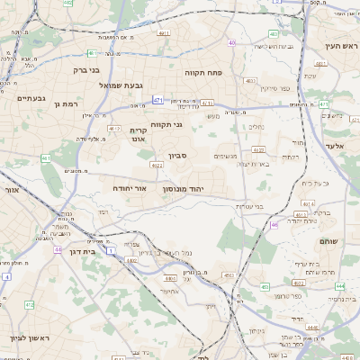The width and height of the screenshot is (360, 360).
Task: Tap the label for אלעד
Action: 336,145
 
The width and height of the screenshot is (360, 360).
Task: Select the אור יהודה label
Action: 130,188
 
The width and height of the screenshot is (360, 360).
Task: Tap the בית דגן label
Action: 85,252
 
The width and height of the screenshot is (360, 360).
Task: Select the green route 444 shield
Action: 339,285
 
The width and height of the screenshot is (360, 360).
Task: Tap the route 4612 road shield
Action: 114,129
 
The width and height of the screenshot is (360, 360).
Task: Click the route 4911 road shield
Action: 162,33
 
